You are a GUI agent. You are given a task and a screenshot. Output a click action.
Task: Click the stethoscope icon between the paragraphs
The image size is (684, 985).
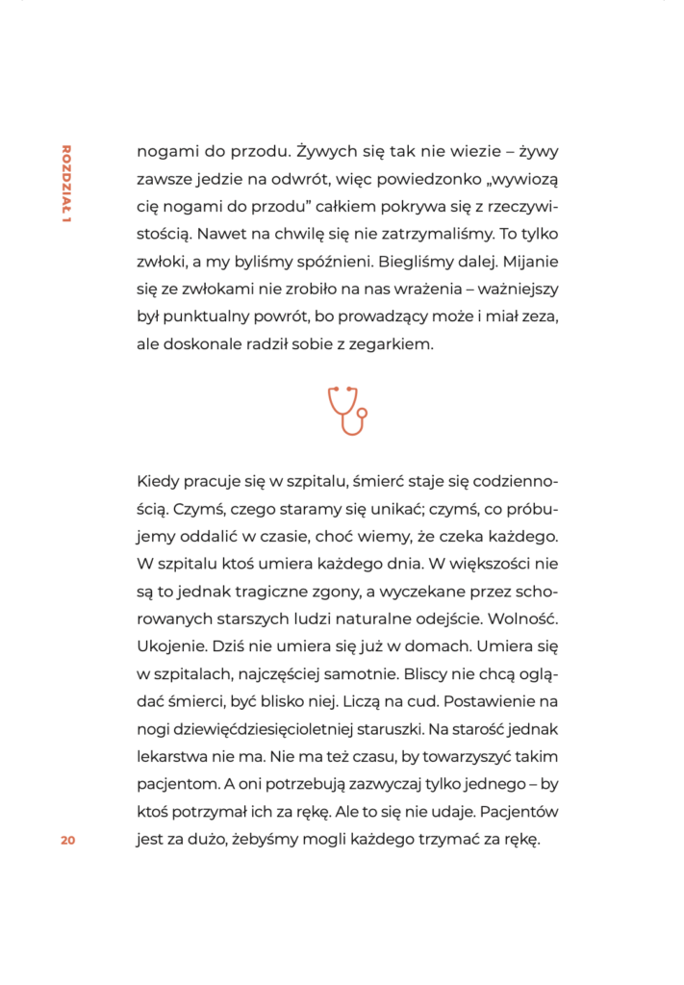[x=347, y=411]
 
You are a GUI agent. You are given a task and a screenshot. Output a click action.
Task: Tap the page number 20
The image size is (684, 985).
[x=67, y=840]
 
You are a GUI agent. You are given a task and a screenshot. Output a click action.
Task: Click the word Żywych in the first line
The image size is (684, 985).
[x=327, y=151]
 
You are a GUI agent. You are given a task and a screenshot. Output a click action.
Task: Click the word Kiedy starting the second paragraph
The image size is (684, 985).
[x=158, y=480]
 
